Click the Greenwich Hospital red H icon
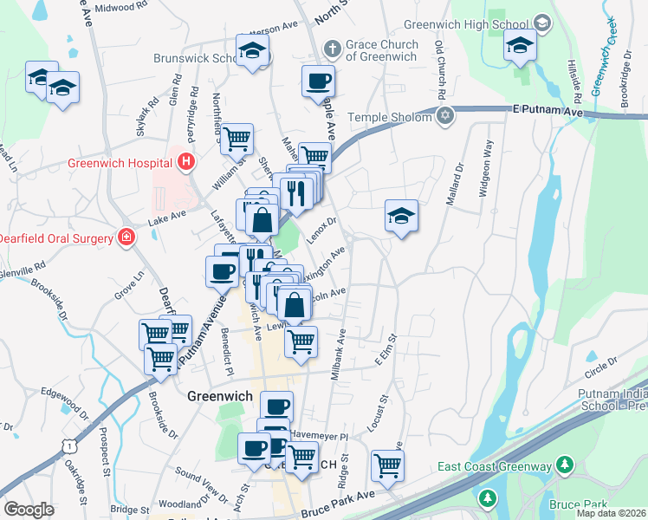coord(184,161)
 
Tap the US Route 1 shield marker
coord(69,445)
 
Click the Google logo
coord(29,510)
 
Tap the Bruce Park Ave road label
coord(338,504)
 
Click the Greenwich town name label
coord(219,395)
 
